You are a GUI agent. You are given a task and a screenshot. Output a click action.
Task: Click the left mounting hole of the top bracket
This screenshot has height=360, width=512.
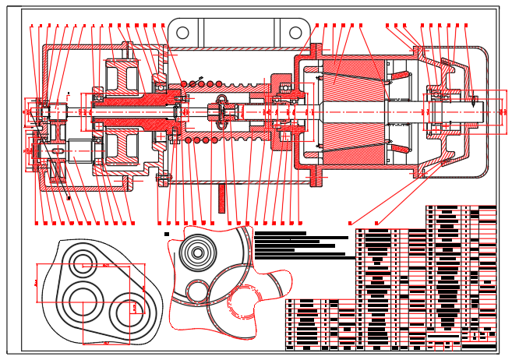[182, 33]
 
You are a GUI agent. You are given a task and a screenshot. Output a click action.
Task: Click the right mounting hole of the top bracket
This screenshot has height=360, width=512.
[296, 33]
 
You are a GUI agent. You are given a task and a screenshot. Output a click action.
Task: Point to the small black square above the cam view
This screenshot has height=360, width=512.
[167, 233]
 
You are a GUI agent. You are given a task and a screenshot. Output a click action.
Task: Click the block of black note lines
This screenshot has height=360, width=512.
[300, 244]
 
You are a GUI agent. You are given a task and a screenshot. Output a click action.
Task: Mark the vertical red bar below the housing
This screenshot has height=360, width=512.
[221, 196]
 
